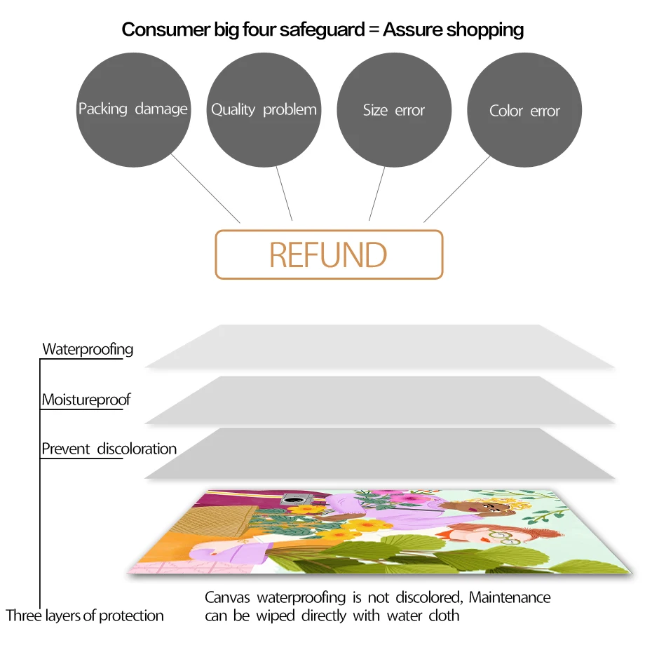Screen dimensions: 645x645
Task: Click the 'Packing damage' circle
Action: pos(133,110)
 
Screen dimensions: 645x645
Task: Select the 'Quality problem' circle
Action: pos(264,110)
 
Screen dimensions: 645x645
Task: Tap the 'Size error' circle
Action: pos(394,110)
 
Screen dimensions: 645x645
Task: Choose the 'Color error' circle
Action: pos(524,111)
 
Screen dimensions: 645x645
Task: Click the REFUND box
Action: pos(329,254)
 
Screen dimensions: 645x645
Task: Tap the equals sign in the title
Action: pos(372,29)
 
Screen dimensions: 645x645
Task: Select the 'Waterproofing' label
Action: pos(88,349)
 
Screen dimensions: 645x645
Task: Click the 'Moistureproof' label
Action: pos(86,400)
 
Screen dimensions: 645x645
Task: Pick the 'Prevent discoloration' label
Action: pos(109,449)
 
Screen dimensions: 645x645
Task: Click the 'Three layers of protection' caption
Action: pos(85,616)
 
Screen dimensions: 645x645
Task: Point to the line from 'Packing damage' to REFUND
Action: pos(205,188)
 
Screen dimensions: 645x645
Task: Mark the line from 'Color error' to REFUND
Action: pos(457,188)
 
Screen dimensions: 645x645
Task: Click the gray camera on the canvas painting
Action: pos(290,500)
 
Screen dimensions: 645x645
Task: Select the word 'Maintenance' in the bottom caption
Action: pos(510,598)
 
